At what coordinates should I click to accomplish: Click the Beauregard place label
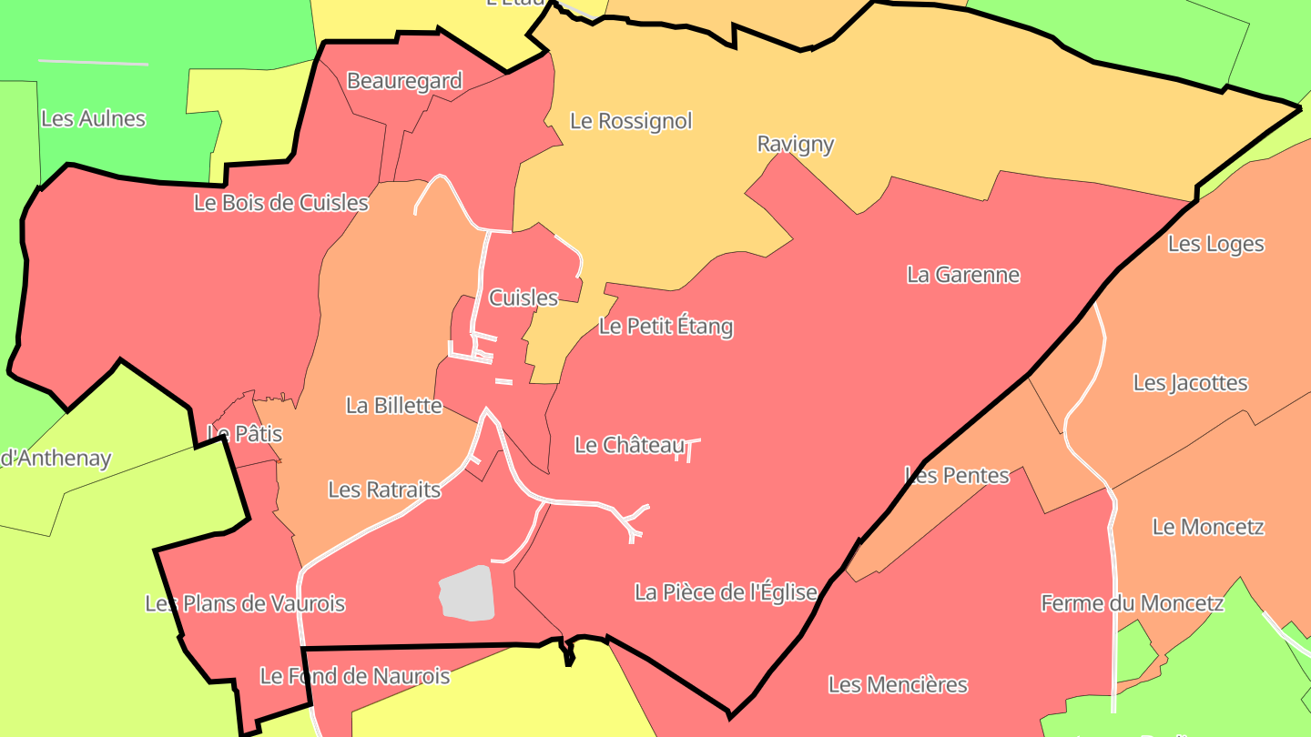point(404,81)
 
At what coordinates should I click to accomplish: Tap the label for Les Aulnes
point(93,118)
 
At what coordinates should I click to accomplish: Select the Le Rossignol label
point(631,121)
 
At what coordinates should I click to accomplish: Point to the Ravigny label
point(796,144)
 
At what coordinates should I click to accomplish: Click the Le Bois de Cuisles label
point(280,202)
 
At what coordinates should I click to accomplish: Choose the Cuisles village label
point(523,298)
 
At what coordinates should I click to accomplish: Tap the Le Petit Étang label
point(666,327)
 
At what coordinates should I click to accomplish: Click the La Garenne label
point(963,275)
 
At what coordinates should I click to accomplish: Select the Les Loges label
point(1215,244)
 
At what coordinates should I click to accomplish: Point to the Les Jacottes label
point(1190,383)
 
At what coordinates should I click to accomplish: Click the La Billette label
point(393,406)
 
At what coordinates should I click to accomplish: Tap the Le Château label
point(628,445)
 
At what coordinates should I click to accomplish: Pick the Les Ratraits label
point(383,490)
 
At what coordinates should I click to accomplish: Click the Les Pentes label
point(956,475)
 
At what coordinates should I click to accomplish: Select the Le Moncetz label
point(1208,527)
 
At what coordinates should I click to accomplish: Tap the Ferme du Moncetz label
point(1132,603)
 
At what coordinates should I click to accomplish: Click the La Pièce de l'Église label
point(726,592)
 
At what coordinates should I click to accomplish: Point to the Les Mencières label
point(897,684)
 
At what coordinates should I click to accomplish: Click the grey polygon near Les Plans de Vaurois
point(468,593)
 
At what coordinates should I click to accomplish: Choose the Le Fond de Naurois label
point(354,676)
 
